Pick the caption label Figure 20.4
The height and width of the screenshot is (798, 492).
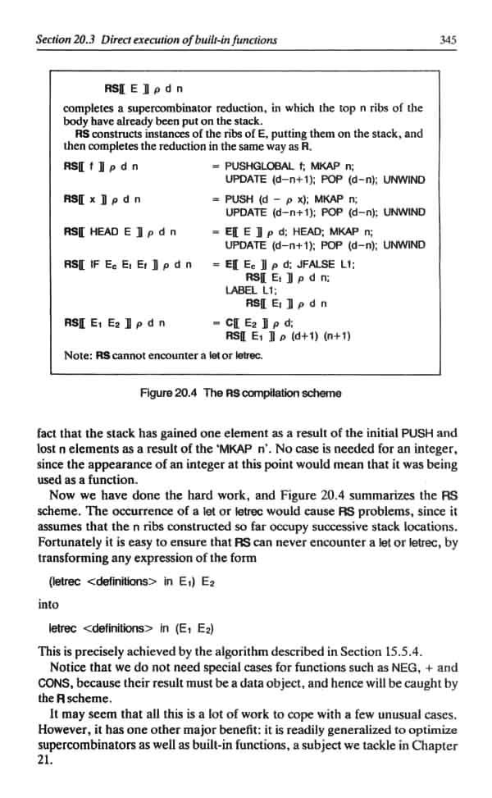click(x=171, y=393)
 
